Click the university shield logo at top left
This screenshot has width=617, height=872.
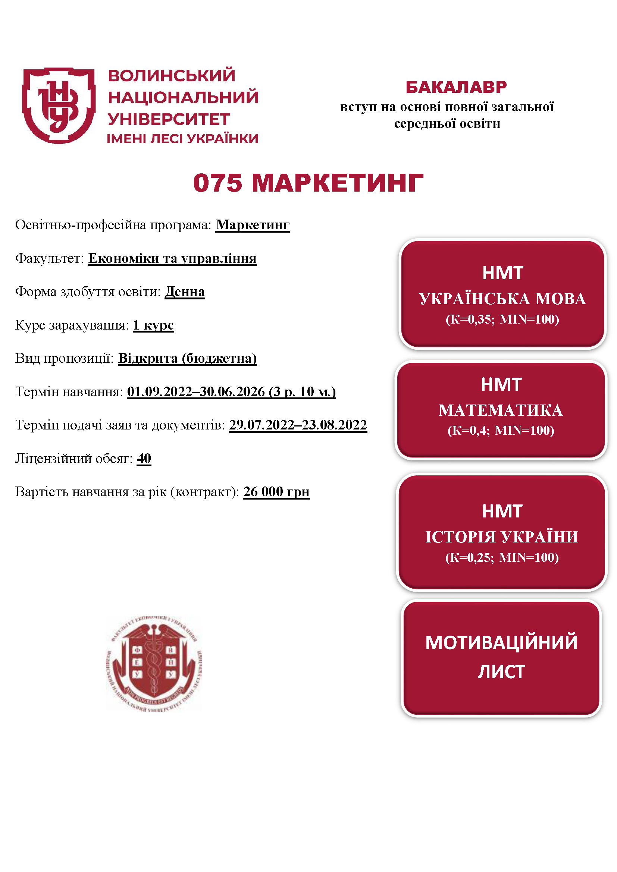point(59,106)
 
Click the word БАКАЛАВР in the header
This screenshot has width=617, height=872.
point(456,87)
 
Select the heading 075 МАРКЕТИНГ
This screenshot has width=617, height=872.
point(308,183)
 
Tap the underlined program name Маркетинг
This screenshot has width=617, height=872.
point(253,225)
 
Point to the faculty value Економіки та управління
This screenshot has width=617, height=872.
point(172,258)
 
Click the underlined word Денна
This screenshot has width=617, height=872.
point(185,292)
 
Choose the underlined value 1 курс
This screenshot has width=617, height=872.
point(153,325)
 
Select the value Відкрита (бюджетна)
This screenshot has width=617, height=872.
point(187,358)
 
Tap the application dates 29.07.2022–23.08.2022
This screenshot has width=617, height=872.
point(298,425)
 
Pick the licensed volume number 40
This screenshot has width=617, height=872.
point(144,459)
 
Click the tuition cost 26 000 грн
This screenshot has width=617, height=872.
point(276,491)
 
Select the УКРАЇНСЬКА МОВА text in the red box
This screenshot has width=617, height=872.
point(502,299)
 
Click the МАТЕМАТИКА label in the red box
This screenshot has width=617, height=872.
point(501,410)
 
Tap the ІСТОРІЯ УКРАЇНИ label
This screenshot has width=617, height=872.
point(501,537)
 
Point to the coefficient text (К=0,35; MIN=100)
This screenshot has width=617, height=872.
point(502,319)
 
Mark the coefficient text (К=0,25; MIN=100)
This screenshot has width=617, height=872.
point(501,557)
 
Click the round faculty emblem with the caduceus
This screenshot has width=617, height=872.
point(154,663)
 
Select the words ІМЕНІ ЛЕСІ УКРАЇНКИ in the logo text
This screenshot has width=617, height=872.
point(183,139)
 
